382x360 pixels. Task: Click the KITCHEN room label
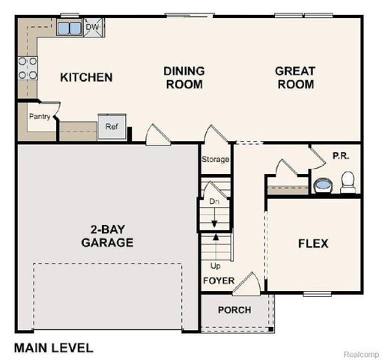coord(86,77)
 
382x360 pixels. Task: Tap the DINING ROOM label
coord(184,77)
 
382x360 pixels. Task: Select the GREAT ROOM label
coord(295,77)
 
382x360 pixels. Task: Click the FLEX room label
coord(313,244)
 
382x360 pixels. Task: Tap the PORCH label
coord(234,310)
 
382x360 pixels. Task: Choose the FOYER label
coord(219,281)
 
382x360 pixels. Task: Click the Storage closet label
coord(216,160)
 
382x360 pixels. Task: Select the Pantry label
coord(40,117)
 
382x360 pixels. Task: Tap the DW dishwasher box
coord(93,28)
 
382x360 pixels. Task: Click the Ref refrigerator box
coord(112,127)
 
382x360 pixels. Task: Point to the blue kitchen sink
coord(70,28)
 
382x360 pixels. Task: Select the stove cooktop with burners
coord(28,69)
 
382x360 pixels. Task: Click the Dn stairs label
coord(213,202)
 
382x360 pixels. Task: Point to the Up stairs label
coord(214,266)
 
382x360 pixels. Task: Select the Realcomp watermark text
coord(360,352)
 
